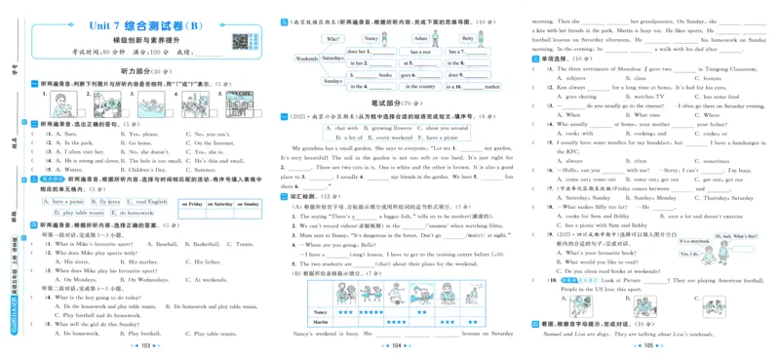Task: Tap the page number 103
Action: [144, 345]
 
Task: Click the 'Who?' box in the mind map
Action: [333, 39]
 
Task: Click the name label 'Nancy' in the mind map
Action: [371, 39]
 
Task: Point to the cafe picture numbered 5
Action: [239, 103]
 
